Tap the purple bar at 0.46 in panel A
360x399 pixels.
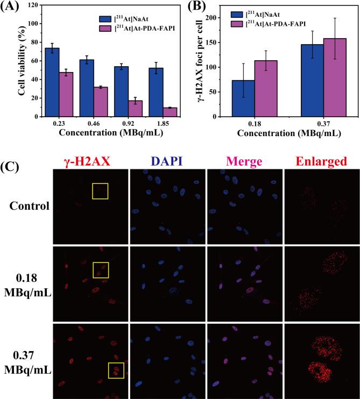100,102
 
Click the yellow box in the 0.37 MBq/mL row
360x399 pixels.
116,370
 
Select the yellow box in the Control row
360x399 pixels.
100,191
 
